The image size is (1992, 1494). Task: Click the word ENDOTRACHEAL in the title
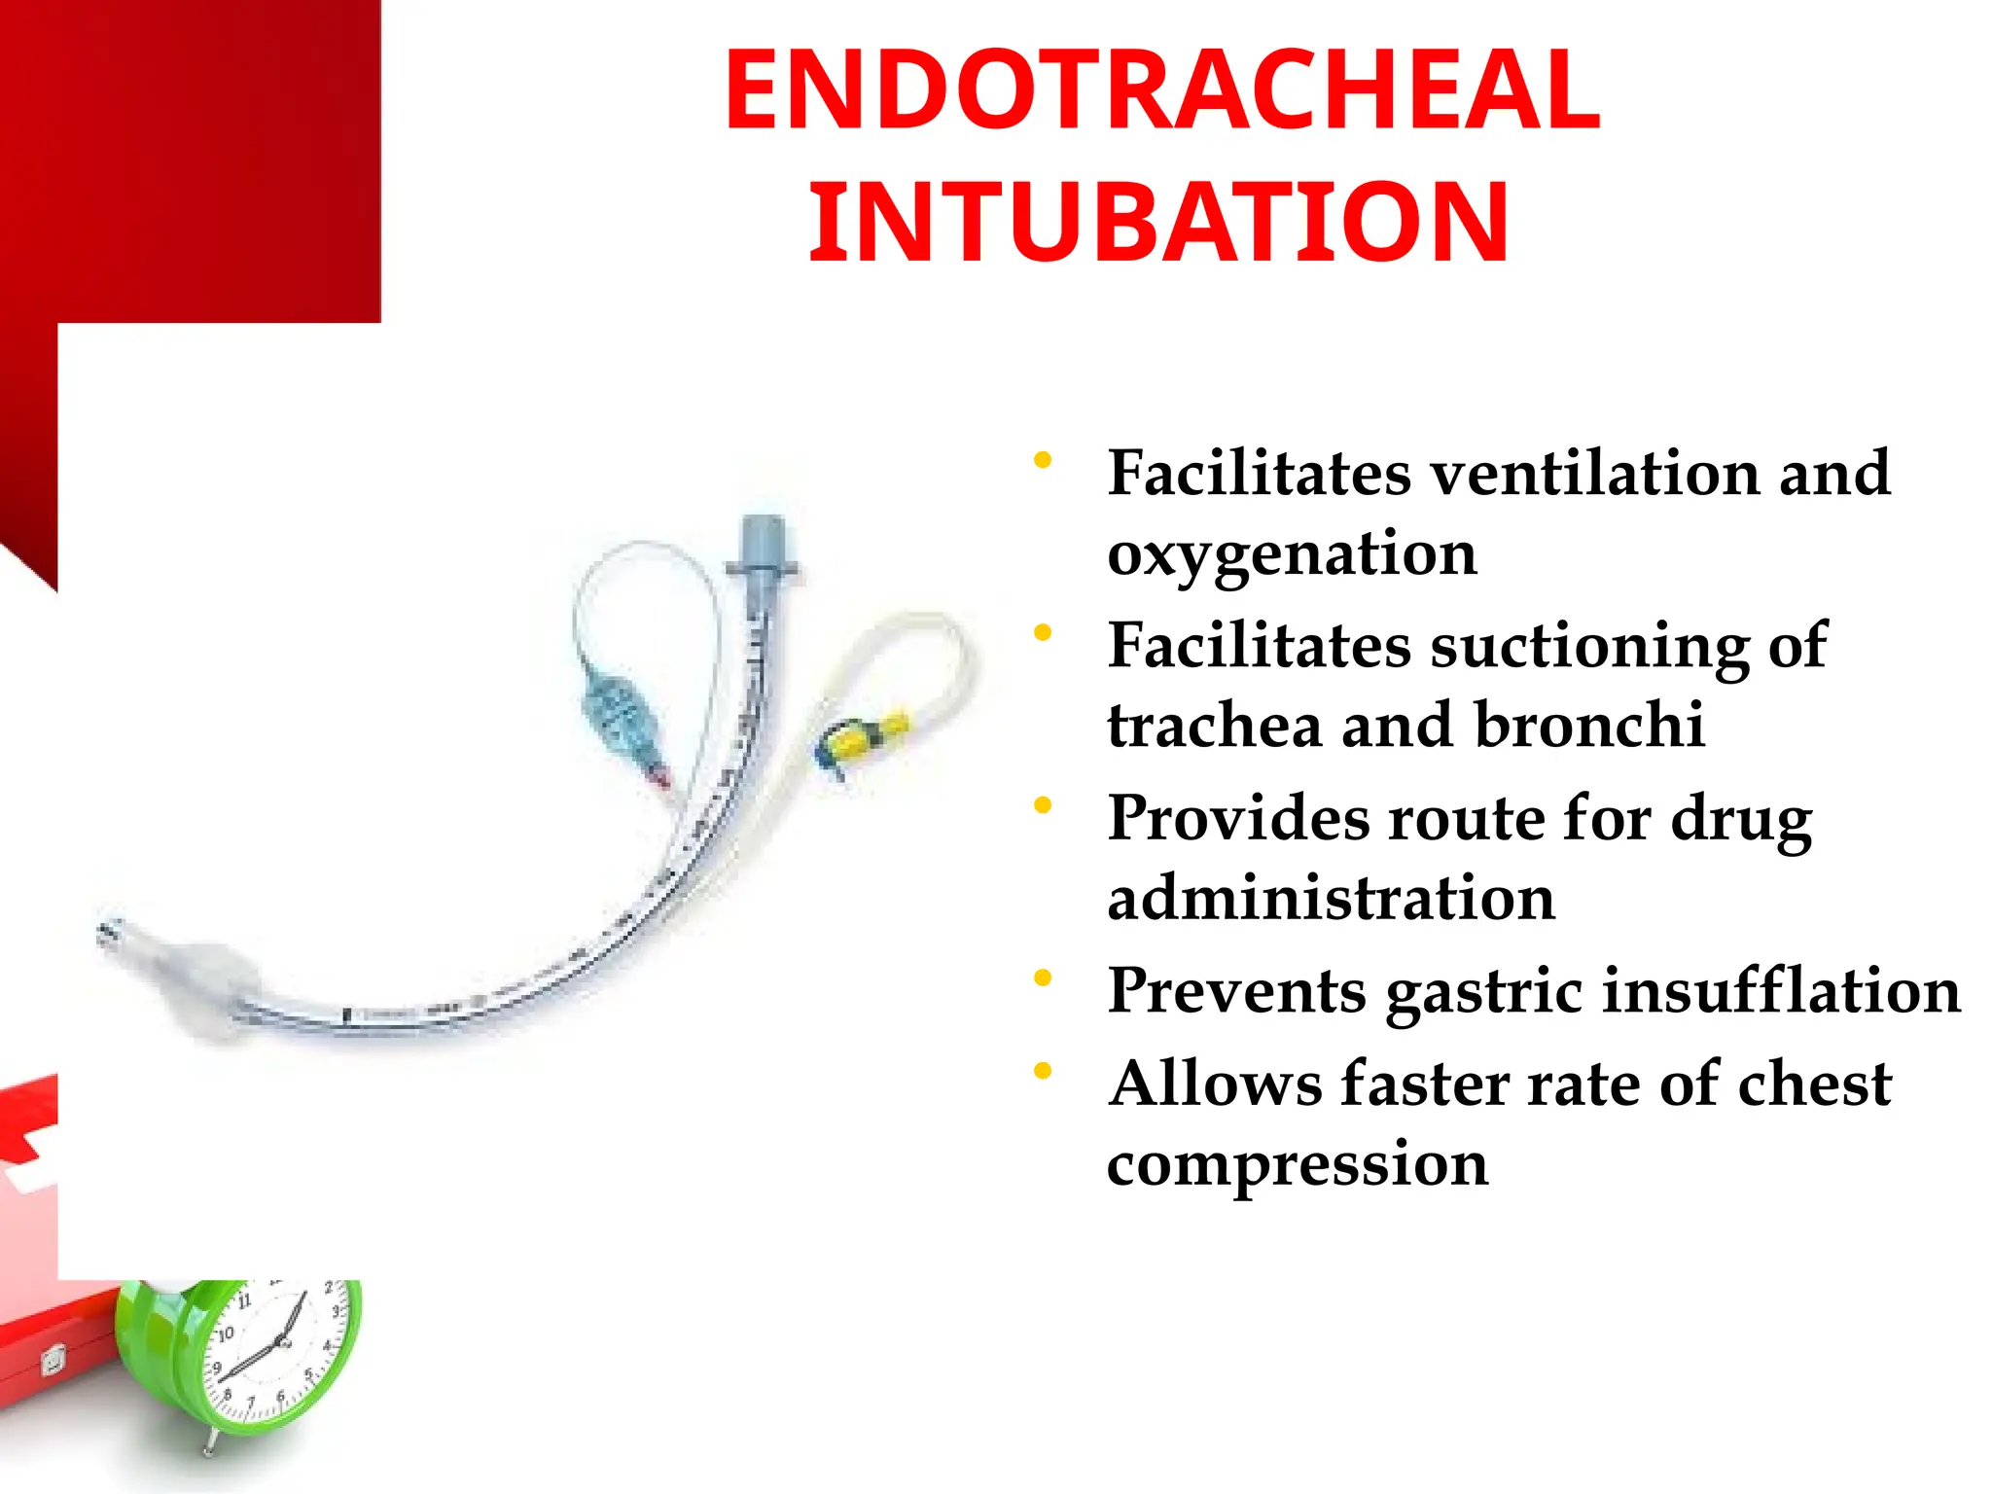[x=1161, y=91]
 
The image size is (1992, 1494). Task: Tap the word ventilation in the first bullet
[x=1595, y=474]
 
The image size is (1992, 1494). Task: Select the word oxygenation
[x=1292, y=554]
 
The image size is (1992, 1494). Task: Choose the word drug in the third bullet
[x=1741, y=819]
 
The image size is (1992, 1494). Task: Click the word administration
[x=1331, y=898]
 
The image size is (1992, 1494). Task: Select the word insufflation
[x=1781, y=991]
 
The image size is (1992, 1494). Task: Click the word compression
[x=1298, y=1163]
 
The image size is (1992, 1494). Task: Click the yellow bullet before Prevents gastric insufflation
[x=1043, y=978]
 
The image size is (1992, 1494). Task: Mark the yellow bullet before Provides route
[x=1043, y=805]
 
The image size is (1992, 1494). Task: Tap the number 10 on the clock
[x=226, y=1334]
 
